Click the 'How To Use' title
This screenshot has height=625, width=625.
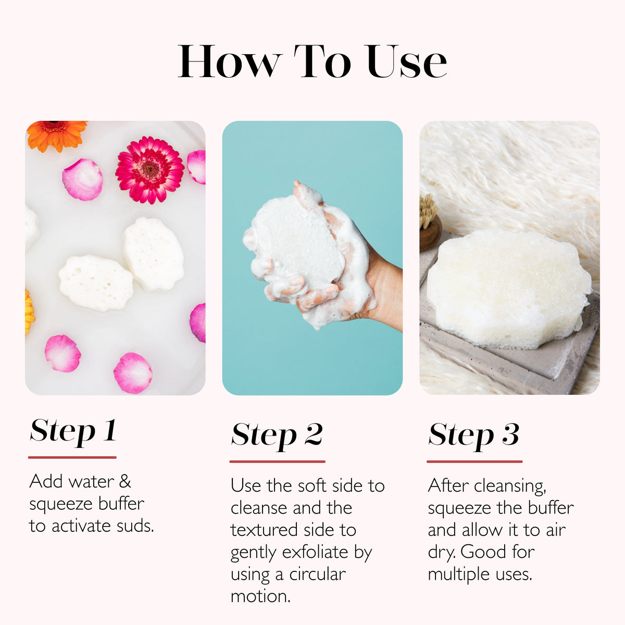pos(312,61)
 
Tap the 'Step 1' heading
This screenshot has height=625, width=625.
pos(73,431)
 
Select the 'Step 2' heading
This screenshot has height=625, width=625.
pos(277,435)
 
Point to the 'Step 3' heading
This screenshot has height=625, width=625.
pos(473,435)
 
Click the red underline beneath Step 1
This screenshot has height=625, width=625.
pos(72,457)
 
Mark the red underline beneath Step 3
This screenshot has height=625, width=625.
pos(474,461)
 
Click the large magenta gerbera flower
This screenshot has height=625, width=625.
pos(149,170)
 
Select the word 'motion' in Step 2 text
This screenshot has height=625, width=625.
pos(260,596)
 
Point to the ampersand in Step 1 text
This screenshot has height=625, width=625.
pos(124,481)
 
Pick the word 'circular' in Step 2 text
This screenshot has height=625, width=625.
pos(317,574)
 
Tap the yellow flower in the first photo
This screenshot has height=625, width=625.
pos(29,312)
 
